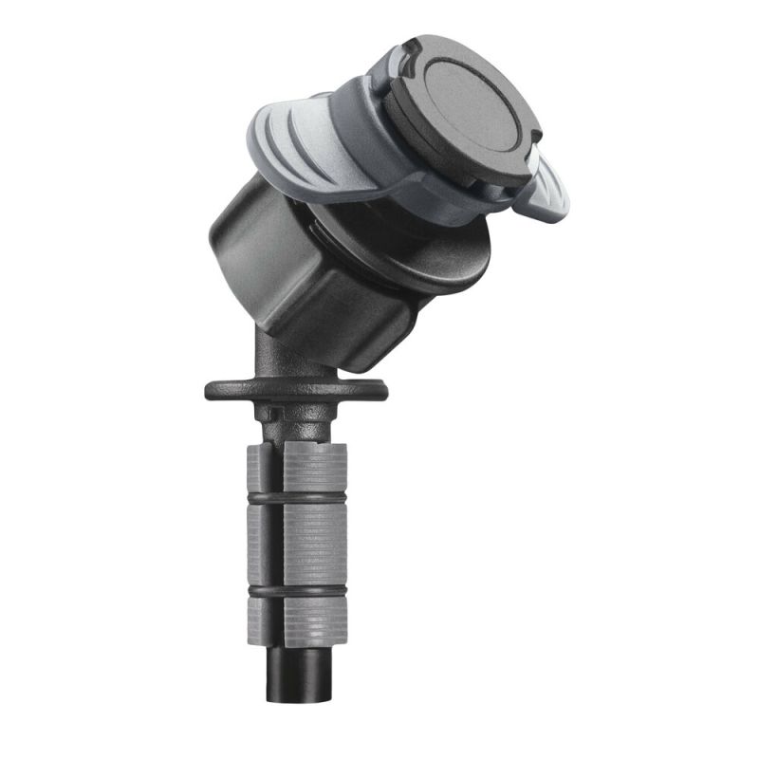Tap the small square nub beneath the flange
pyautogui.click(x=271, y=415)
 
